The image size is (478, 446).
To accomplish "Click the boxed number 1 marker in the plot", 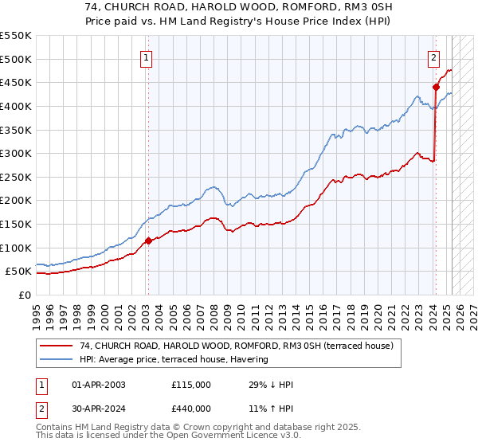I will click(x=147, y=57).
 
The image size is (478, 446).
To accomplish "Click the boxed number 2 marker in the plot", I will click(x=433, y=57).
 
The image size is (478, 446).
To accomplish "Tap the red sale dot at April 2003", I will click(x=147, y=240).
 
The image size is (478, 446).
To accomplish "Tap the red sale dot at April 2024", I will click(x=436, y=87).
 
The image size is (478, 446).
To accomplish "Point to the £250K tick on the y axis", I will click(x=18, y=177).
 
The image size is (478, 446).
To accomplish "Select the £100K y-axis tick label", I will click(x=18, y=248).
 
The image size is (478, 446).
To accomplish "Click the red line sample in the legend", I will click(x=57, y=346).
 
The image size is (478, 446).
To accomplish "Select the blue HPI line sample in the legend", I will click(x=57, y=360).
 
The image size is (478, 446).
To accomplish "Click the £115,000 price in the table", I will click(x=191, y=385).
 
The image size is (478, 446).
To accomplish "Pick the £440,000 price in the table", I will click(x=191, y=409).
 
